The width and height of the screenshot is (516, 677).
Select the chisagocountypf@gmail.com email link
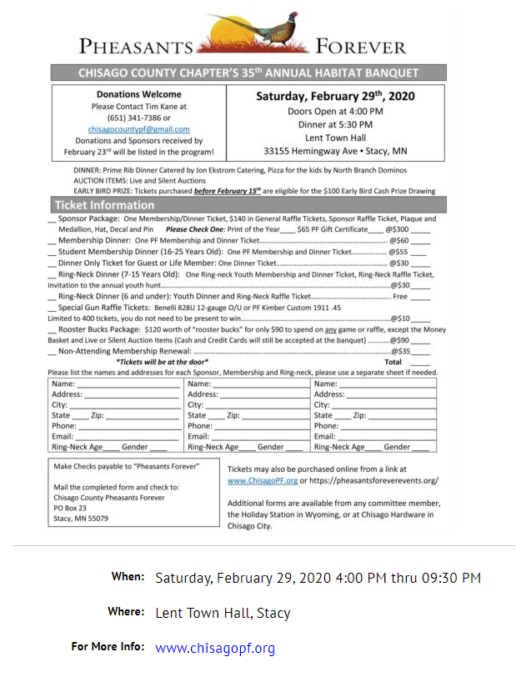click(x=139, y=129)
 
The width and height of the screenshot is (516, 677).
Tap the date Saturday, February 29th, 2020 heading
click(x=335, y=96)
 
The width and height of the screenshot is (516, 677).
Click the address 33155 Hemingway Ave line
click(x=335, y=152)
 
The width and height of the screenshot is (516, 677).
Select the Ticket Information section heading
click(x=105, y=205)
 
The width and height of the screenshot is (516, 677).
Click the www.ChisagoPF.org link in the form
click(x=263, y=481)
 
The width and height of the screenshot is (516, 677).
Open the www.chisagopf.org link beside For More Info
click(x=215, y=648)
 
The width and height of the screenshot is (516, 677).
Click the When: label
click(x=128, y=577)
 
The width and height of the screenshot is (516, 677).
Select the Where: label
click(x=126, y=612)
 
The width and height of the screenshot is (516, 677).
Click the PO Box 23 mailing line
click(x=70, y=508)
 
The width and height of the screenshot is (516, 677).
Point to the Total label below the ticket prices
click(x=393, y=363)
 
